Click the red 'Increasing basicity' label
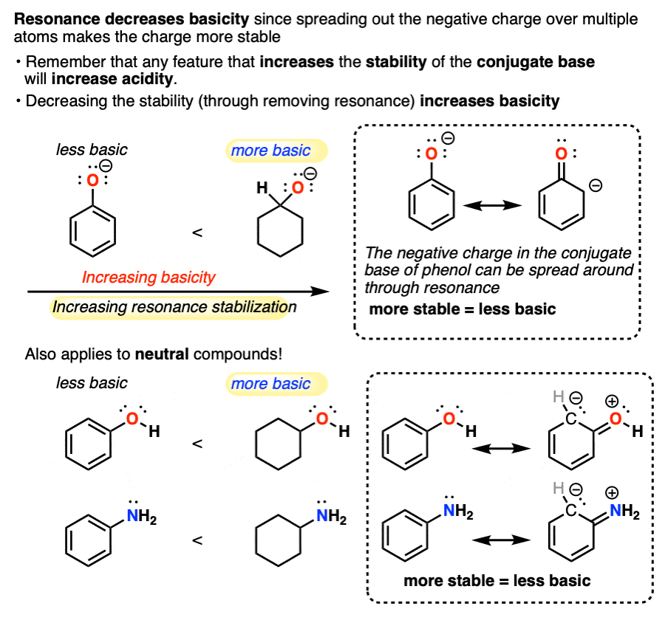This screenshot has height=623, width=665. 149,278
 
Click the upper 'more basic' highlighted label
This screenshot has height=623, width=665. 270,151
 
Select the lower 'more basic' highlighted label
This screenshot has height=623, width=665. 270,384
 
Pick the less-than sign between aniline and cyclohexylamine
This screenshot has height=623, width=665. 197,540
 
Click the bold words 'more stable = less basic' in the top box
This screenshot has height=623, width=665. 462,309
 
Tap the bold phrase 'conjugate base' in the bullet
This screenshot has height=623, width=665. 535,62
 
